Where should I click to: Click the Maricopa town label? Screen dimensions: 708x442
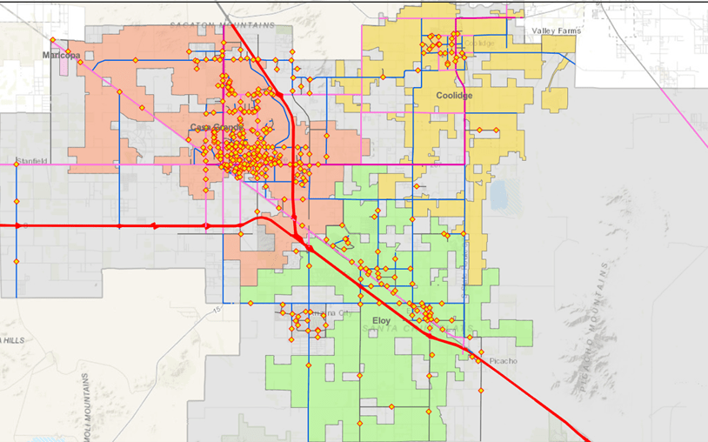(x=61, y=55)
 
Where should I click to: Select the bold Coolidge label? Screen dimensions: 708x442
(x=454, y=96)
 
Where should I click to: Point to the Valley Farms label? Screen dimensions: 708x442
(x=556, y=30)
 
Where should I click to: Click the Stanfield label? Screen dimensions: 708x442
(x=31, y=161)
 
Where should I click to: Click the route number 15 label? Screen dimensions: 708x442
(x=217, y=309)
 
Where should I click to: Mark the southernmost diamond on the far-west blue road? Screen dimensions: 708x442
(x=16, y=261)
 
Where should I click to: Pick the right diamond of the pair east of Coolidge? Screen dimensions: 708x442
(x=497, y=131)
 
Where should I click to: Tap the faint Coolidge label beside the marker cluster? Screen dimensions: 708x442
(x=478, y=43)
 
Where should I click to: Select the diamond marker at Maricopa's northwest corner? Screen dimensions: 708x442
(x=52, y=40)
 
